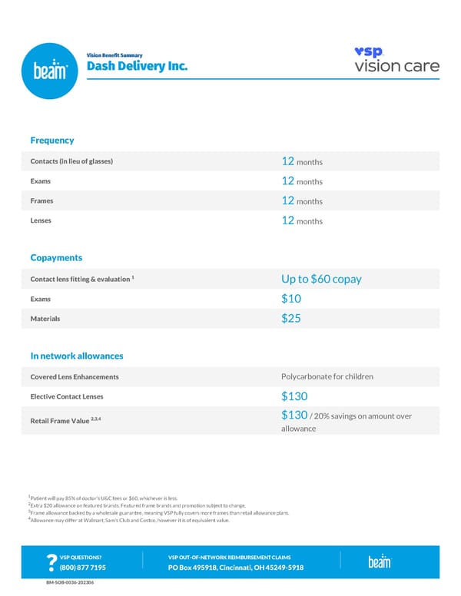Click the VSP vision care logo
click(396, 60)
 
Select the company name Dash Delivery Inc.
click(137, 66)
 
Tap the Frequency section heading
click(52, 141)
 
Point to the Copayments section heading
click(56, 258)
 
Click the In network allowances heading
click(77, 356)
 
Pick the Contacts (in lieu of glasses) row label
click(71, 161)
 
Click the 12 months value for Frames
click(302, 201)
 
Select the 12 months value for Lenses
click(302, 221)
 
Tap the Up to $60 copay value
click(321, 279)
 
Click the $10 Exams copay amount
click(291, 299)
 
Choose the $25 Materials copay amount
click(291, 318)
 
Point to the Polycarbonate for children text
click(327, 377)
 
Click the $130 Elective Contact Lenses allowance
click(294, 396)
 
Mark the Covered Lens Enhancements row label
click(75, 377)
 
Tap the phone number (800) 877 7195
click(82, 568)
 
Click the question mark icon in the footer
click(51, 563)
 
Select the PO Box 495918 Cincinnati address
click(236, 568)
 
